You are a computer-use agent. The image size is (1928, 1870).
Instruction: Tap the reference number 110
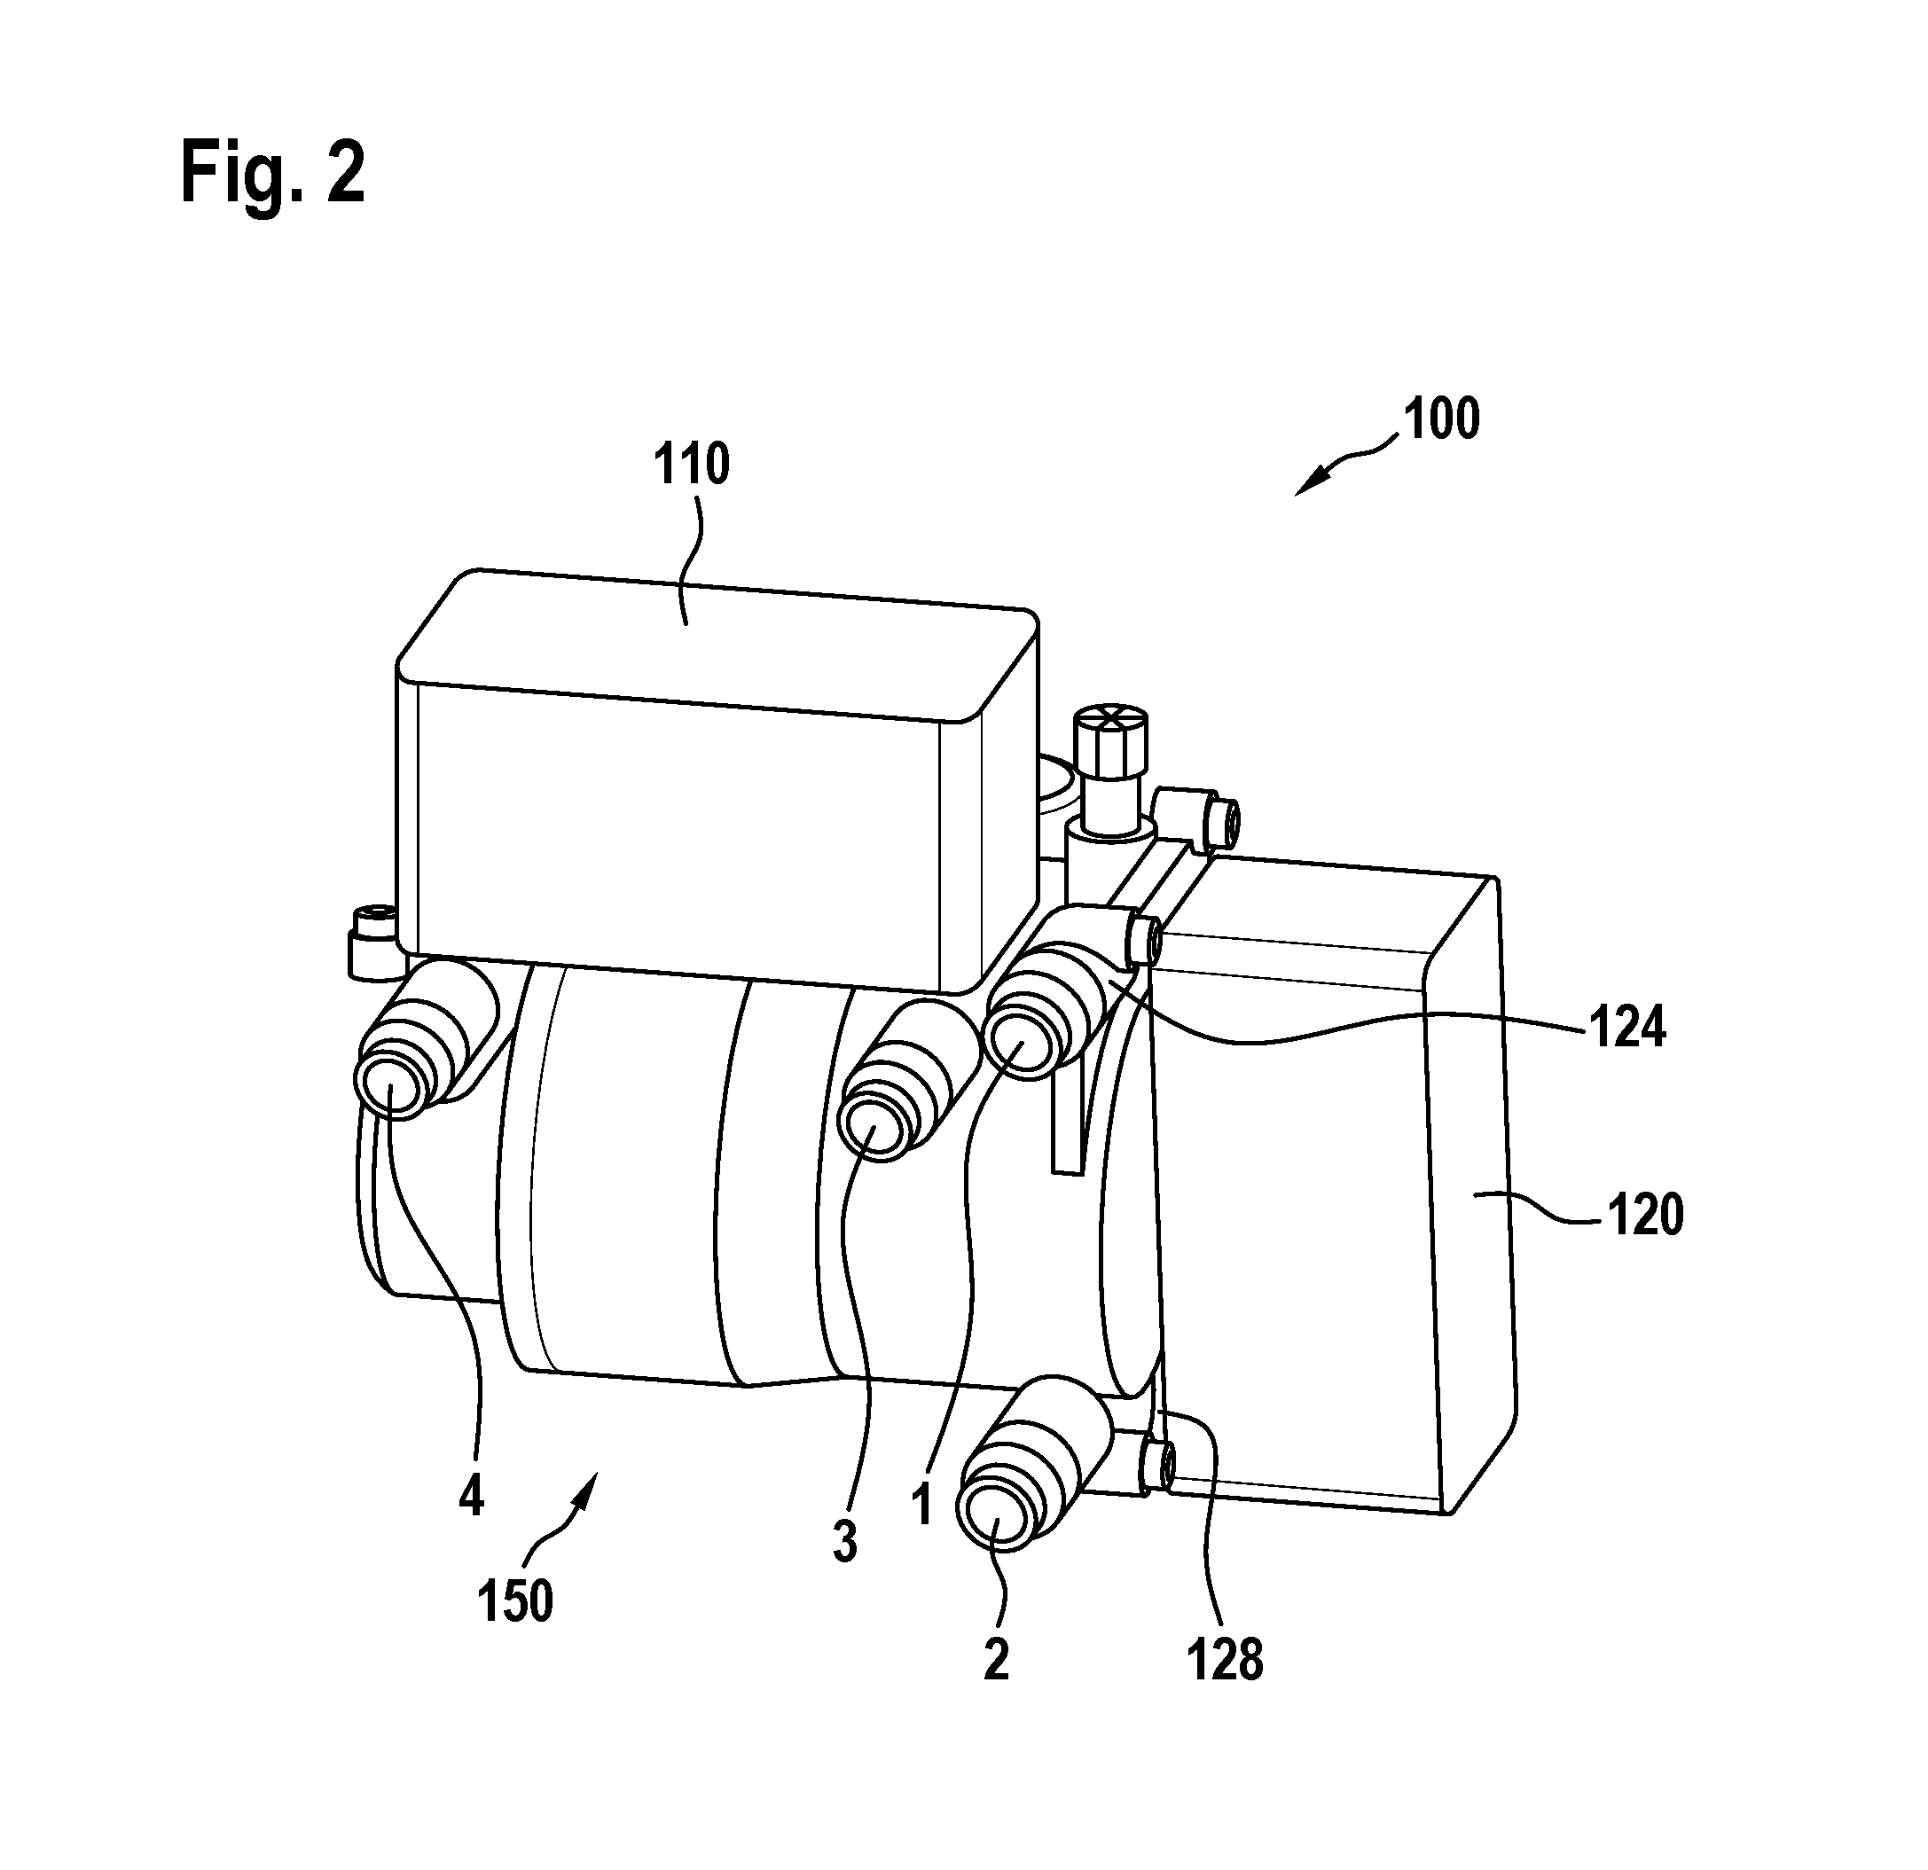[693, 466]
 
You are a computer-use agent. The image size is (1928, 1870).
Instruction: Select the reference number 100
[1442, 419]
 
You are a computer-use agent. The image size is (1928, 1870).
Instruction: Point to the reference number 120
[1646, 1216]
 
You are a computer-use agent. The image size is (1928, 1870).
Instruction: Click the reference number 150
[515, 1601]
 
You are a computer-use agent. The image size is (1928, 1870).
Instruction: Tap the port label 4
[471, 1498]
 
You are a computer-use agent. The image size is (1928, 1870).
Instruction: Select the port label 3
[845, 1541]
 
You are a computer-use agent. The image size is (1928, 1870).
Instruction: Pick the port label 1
[921, 1505]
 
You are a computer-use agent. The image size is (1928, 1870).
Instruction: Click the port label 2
[997, 1662]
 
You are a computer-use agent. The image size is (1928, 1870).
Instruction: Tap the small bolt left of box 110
[372, 943]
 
